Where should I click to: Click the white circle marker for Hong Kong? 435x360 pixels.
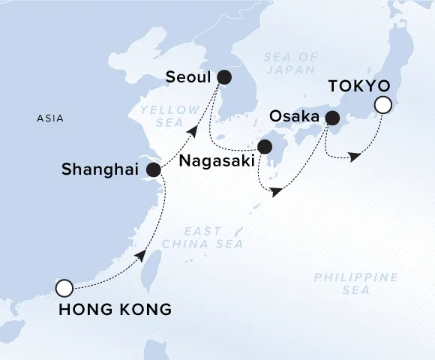(64, 287)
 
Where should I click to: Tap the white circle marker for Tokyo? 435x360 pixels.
(383, 105)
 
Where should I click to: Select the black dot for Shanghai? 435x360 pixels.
(154, 170)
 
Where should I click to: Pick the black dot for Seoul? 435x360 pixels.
(224, 77)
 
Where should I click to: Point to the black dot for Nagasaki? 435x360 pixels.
(265, 147)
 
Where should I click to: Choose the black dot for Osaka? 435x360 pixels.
(331, 118)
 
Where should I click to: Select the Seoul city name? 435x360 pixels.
(187, 77)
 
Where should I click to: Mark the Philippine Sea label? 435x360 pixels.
(355, 283)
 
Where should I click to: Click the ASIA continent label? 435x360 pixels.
(49, 118)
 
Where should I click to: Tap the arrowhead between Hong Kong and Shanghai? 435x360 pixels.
(139, 256)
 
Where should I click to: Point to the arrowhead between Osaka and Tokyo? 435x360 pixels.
(355, 156)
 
